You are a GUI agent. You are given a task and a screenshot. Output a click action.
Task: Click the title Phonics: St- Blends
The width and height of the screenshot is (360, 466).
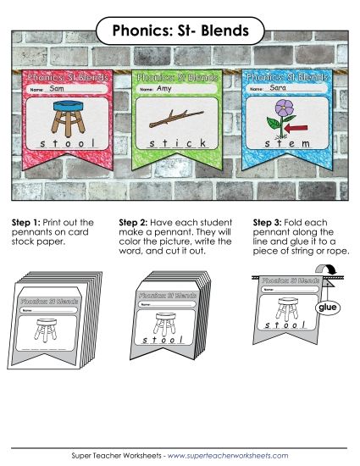180,31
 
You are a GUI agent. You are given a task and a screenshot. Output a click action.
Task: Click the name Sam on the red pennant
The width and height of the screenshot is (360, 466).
58,88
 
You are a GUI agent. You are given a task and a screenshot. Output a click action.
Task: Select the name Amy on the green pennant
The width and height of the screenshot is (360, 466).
166,88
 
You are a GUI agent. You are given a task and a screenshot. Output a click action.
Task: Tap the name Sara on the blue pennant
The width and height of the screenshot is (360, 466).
276,88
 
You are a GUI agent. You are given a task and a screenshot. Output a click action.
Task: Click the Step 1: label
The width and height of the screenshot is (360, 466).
26,222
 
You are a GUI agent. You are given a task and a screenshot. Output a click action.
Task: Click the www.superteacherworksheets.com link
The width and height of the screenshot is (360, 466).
227,455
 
